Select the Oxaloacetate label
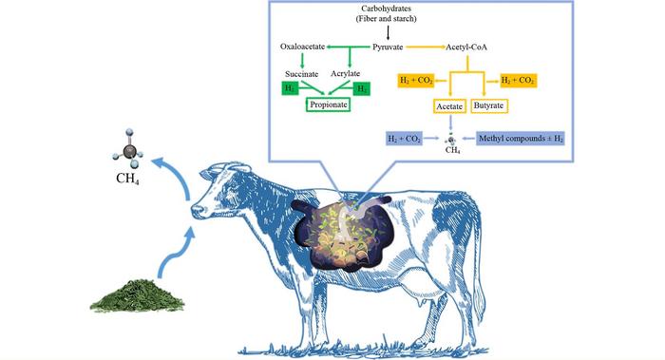[305, 45]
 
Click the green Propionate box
[333, 106]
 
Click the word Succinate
[302, 73]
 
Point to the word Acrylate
[346, 73]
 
